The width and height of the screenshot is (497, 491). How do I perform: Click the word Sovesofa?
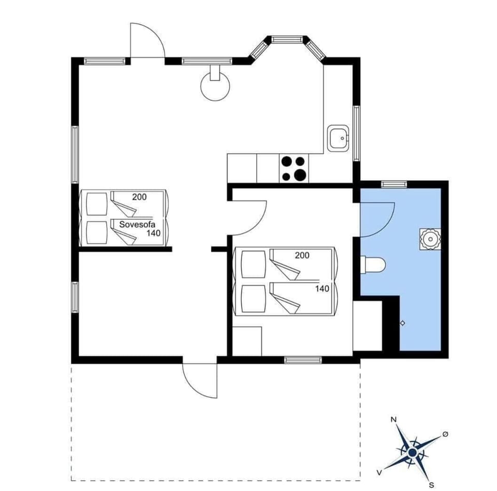[x=137, y=224]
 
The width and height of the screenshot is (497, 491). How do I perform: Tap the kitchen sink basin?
[x=339, y=138]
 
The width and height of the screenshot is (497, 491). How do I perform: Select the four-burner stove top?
[x=293, y=168]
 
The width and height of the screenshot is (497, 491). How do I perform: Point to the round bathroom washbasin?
[x=430, y=239]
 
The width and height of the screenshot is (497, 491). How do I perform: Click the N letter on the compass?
[x=393, y=420]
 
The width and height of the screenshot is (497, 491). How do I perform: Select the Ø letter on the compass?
[x=445, y=436]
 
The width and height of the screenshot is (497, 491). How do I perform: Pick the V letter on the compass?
[x=379, y=472]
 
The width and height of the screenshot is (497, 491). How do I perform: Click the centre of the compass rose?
[x=412, y=453]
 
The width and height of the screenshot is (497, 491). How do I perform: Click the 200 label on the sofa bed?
[x=139, y=197]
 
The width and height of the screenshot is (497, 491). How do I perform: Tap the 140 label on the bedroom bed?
[x=323, y=288]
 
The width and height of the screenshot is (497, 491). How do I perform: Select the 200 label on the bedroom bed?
[x=302, y=255]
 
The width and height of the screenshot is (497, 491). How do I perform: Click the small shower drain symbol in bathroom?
[x=403, y=323]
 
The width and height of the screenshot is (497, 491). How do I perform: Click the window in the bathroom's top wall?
[x=394, y=184]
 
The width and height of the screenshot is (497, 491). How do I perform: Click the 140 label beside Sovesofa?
[x=153, y=234]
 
